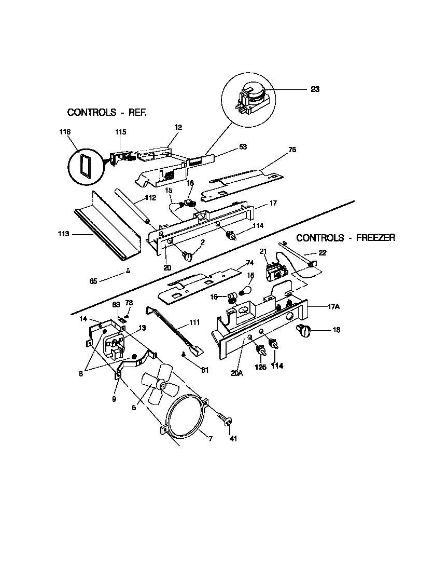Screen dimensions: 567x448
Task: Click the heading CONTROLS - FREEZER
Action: click(x=346, y=238)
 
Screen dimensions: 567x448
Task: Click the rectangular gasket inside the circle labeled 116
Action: click(x=83, y=166)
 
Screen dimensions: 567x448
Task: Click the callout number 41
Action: click(x=233, y=439)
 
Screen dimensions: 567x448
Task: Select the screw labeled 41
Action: click(x=225, y=419)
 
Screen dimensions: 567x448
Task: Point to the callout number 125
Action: click(x=261, y=366)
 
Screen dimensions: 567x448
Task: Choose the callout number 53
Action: click(x=243, y=146)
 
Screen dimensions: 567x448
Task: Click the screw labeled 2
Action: click(x=188, y=255)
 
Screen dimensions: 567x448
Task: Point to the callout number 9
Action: click(x=115, y=399)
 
